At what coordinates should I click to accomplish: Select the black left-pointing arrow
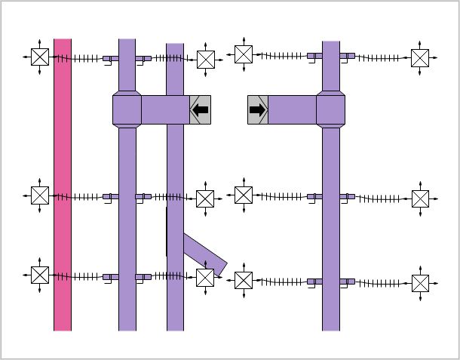[201, 109]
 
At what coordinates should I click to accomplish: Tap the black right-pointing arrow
[258, 109]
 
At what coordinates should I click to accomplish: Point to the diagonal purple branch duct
[204, 253]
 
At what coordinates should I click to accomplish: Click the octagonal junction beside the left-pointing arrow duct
[127, 109]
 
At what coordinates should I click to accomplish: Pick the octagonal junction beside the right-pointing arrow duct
[331, 109]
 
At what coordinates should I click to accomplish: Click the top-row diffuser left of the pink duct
[40, 57]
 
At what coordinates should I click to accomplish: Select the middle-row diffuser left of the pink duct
[40, 195]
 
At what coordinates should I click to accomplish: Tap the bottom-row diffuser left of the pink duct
[40, 275]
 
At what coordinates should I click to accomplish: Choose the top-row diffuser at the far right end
[420, 58]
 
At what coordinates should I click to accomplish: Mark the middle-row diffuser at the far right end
[420, 198]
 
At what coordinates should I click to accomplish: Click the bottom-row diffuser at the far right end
[420, 283]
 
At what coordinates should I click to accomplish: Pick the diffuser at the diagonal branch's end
[205, 278]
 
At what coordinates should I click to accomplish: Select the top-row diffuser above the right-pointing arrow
[243, 54]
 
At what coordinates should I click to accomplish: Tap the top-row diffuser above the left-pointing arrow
[206, 59]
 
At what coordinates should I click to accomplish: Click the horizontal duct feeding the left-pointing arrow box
[165, 109]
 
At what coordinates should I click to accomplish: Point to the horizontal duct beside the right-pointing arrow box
[292, 109]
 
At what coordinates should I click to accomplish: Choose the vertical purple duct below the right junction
[331, 226]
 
